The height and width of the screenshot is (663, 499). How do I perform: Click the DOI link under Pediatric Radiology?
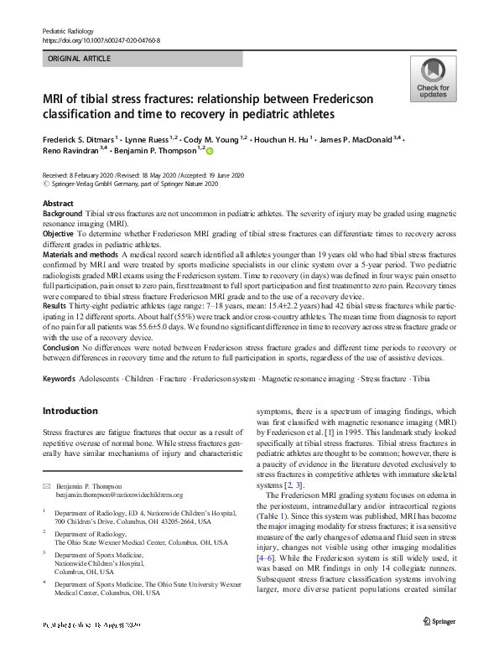click(x=101, y=39)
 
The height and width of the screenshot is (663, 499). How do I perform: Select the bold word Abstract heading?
click(x=58, y=205)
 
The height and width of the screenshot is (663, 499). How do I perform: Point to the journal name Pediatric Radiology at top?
click(x=71, y=30)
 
